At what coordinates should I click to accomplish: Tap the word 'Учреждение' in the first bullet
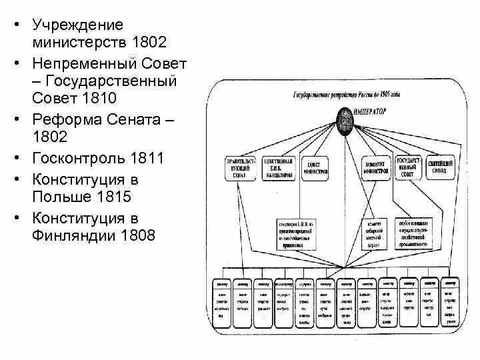[x=77, y=26]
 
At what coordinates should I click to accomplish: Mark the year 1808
[x=139, y=236]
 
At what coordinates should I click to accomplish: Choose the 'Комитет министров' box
[x=376, y=167]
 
